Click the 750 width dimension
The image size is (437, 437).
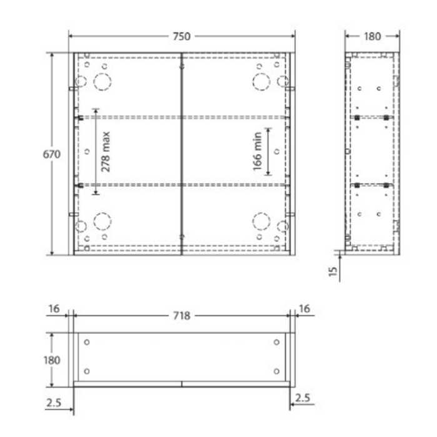pyautogui.click(x=181, y=37)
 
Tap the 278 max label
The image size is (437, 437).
pyautogui.click(x=106, y=150)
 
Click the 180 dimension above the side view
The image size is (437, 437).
pyautogui.click(x=372, y=36)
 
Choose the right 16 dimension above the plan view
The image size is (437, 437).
pyautogui.click(x=305, y=308)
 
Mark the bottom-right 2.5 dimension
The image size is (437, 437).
pyautogui.click(x=303, y=397)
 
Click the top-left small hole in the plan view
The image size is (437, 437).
pyautogui.click(x=87, y=342)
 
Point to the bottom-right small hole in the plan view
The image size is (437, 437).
pyautogui.click(x=276, y=371)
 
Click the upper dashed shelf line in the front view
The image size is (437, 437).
pyautogui.click(x=137, y=116)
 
